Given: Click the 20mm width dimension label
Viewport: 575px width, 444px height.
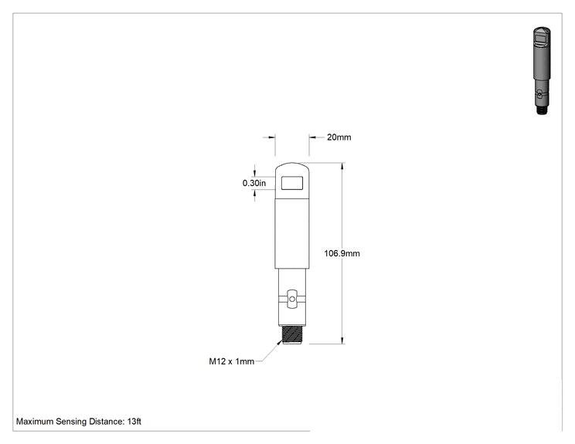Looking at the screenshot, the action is (339, 137).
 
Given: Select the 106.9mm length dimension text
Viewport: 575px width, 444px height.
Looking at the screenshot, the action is (342, 253).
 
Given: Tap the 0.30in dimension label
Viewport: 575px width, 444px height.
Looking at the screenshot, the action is (254, 183).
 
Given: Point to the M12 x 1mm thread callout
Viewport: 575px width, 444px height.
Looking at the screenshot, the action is (231, 361).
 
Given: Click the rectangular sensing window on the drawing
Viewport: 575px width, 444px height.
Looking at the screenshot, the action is (292, 183).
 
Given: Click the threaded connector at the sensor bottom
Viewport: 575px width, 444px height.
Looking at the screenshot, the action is (292, 335).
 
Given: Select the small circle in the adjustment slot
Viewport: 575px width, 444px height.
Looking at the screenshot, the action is (292, 300).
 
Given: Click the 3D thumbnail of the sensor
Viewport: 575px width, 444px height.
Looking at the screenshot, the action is (542, 71).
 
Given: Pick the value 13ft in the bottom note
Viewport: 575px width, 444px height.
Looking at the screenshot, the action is (134, 422).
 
